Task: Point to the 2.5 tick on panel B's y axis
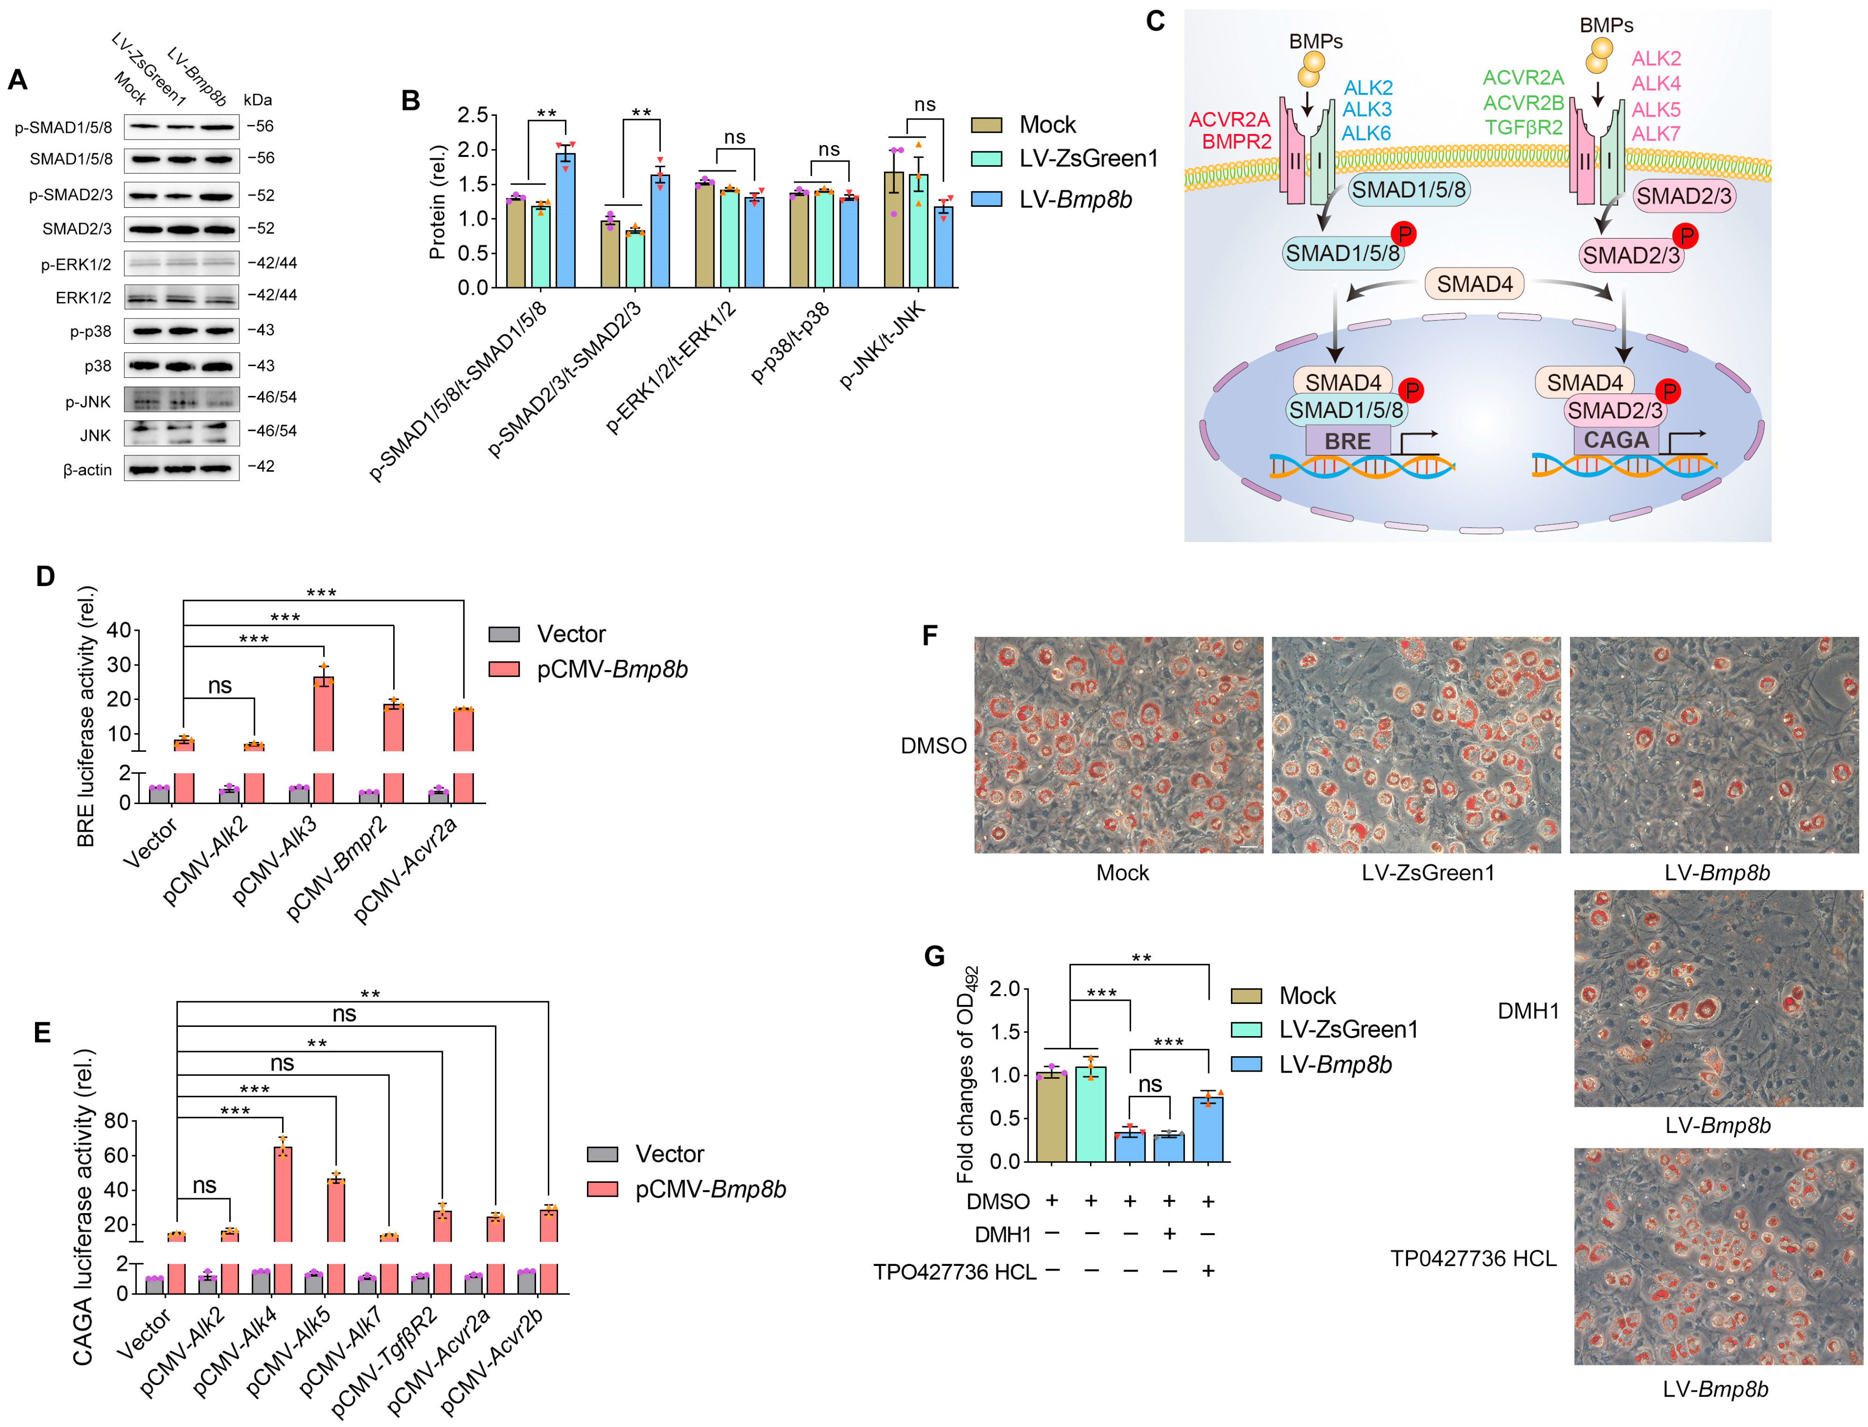(x=472, y=115)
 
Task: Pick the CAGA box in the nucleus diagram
(x=1616, y=440)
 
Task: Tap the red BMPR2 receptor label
(x=1236, y=142)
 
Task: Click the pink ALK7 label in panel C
(x=1656, y=134)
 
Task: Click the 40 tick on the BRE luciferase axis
(x=119, y=630)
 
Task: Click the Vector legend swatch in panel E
(x=602, y=1154)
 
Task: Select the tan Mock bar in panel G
(x=1052, y=1117)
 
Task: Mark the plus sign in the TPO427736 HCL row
(x=1208, y=1271)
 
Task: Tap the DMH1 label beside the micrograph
(x=1528, y=1011)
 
